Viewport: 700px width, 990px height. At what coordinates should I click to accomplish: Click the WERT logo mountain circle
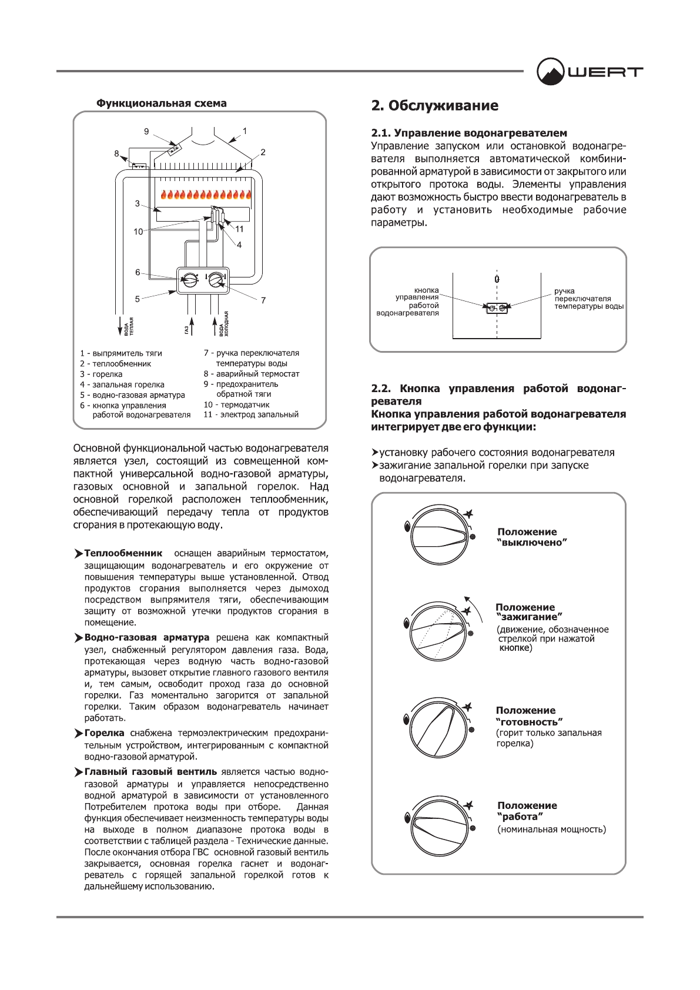[551, 72]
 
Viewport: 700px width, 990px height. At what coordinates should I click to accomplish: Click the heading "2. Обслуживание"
[434, 106]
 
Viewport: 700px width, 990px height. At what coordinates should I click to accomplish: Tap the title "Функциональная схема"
[162, 103]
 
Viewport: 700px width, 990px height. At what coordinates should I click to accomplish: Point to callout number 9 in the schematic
[146, 132]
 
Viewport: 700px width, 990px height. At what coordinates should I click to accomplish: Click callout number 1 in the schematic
[245, 131]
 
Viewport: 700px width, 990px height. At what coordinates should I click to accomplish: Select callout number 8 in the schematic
[116, 153]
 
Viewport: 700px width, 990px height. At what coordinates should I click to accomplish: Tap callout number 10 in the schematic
[138, 232]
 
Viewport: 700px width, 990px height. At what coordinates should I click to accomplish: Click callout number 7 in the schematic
[263, 300]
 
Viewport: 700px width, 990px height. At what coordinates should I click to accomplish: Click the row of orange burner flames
[206, 195]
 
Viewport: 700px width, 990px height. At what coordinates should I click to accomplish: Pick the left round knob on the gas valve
[189, 280]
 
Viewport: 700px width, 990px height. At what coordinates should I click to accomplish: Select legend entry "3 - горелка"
[102, 374]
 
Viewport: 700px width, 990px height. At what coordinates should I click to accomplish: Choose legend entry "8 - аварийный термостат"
[252, 374]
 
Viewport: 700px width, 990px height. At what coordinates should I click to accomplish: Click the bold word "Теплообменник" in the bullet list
[123, 553]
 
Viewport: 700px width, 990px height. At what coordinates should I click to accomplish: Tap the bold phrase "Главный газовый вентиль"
[150, 772]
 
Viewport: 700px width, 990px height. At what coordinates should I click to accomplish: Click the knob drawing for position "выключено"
[440, 534]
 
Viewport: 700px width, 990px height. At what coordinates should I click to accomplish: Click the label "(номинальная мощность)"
[551, 830]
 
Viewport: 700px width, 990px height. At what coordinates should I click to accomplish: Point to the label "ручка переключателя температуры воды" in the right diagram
[588, 299]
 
